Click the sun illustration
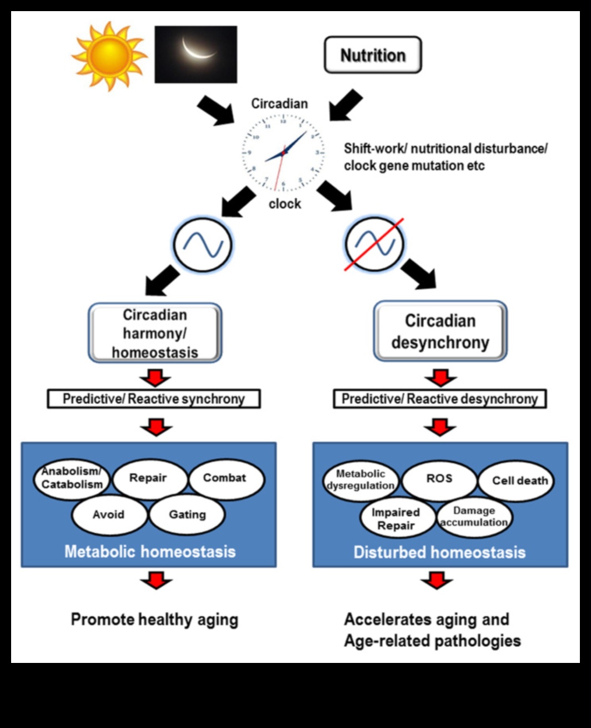click(109, 56)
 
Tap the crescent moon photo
click(196, 55)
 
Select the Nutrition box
click(373, 55)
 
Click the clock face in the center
click(283, 152)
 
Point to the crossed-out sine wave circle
click(374, 244)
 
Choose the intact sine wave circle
click(203, 244)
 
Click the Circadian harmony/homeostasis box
click(155, 333)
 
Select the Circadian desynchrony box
click(440, 331)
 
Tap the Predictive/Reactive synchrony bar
click(154, 399)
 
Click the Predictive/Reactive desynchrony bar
click(439, 399)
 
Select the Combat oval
click(225, 478)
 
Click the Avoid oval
click(109, 515)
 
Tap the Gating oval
click(187, 515)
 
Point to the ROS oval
click(439, 479)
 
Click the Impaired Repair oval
click(396, 518)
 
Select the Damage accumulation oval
click(474, 517)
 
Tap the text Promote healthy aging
click(154, 620)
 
